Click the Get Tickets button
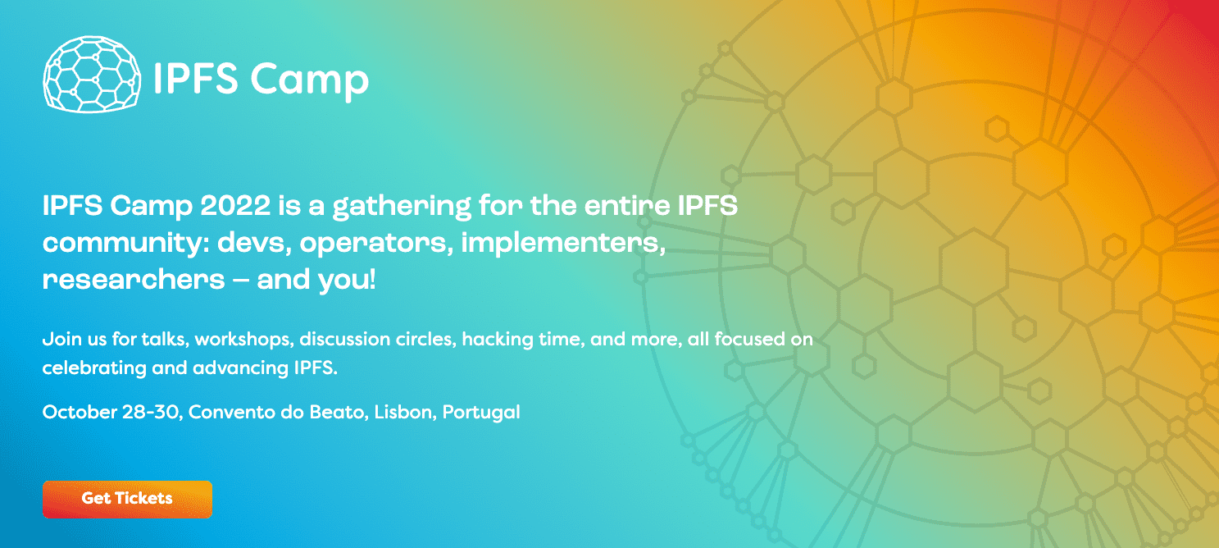click(x=127, y=499)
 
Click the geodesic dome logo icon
click(x=92, y=75)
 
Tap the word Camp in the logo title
click(x=309, y=80)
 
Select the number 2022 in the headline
click(x=235, y=206)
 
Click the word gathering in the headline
click(x=402, y=208)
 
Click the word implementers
click(x=563, y=242)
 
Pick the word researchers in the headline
click(x=134, y=280)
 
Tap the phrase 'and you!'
click(x=316, y=280)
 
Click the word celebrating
click(x=94, y=368)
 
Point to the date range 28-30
click(x=151, y=412)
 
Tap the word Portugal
click(x=481, y=413)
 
